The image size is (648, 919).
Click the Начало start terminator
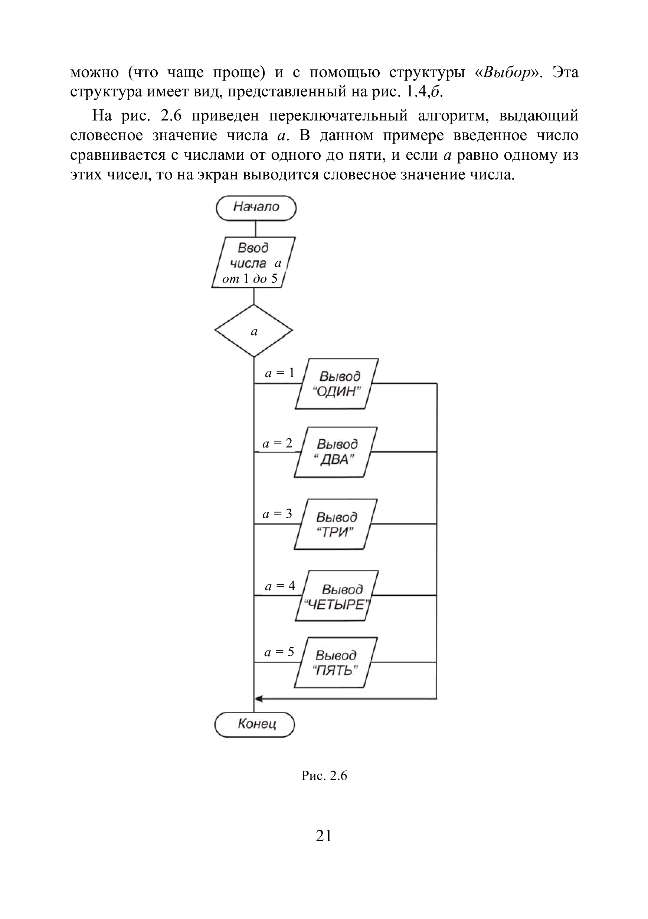pyautogui.click(x=256, y=208)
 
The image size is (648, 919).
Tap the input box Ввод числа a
pyautogui.click(x=253, y=262)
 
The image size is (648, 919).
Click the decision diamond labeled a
pyautogui.click(x=253, y=331)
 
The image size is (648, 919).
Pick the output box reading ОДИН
pyautogui.click(x=337, y=383)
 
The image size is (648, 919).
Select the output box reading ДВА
pyautogui.click(x=336, y=452)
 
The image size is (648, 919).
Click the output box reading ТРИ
pyautogui.click(x=336, y=524)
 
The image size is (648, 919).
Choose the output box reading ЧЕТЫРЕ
pyautogui.click(x=337, y=596)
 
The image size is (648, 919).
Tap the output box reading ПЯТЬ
pyautogui.click(x=336, y=662)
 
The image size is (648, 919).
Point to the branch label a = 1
pyautogui.click(x=280, y=373)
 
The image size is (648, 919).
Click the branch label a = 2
pyautogui.click(x=277, y=443)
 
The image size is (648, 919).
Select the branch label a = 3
pyautogui.click(x=277, y=514)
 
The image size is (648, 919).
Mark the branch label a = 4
pyautogui.click(x=280, y=586)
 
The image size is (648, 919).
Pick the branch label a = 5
pyautogui.click(x=279, y=652)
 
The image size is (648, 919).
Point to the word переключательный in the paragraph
pyautogui.click(x=338, y=116)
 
